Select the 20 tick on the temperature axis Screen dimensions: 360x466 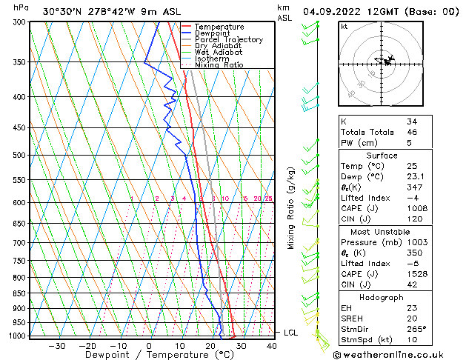(210, 346)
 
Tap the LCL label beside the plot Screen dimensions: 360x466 (291, 333)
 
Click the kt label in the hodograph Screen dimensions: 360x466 (344, 27)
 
